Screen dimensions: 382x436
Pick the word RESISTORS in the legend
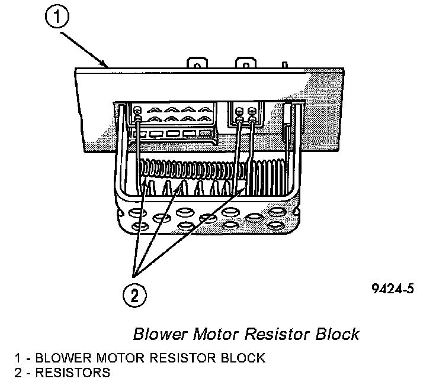pos(73,373)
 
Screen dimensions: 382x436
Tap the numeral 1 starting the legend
pos(20,358)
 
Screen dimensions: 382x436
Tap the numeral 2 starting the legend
pos(20,373)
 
